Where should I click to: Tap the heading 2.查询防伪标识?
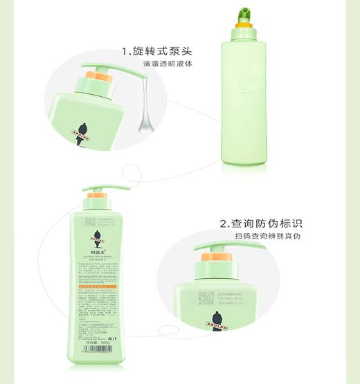click(x=261, y=223)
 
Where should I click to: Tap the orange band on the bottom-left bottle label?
click(x=102, y=284)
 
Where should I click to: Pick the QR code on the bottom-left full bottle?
click(x=89, y=223)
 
